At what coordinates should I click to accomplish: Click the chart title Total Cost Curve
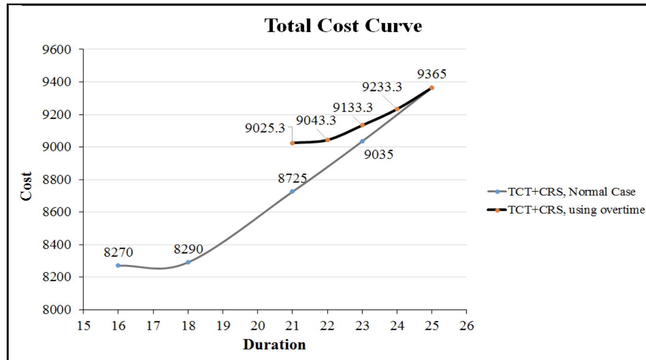344,26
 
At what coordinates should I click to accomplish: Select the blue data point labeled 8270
118,266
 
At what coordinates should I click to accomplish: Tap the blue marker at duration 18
188,262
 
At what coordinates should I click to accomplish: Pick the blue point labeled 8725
292,191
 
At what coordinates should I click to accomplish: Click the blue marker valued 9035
362,141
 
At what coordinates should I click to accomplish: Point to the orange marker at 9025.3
292,143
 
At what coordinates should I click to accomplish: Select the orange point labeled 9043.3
328,140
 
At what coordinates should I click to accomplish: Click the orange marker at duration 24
397,109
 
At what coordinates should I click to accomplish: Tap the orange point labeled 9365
432,88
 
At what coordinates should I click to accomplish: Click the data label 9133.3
353,107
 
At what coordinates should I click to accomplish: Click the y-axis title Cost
27,186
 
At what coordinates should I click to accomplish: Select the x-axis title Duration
274,345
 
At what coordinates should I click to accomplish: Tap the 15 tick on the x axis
83,326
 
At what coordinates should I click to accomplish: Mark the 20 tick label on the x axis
258,326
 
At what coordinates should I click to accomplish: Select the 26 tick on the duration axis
466,326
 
